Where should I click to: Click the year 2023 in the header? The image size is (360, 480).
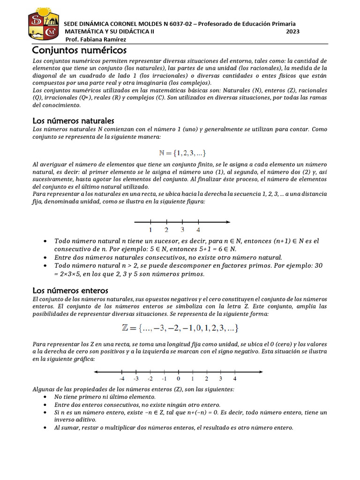tap(293, 31)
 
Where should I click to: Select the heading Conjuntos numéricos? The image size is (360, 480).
tap(79, 50)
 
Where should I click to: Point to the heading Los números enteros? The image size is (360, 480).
tap(70, 290)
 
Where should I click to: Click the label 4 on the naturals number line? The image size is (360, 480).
tap(198, 230)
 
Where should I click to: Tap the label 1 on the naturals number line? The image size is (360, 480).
tap(150, 230)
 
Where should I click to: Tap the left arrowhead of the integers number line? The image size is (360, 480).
tap(96, 372)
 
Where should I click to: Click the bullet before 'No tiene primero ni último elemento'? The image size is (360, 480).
tap(44, 397)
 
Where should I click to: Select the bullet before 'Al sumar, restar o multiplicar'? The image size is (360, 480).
tap(44, 427)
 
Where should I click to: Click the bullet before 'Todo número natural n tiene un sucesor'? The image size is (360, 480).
tap(44, 241)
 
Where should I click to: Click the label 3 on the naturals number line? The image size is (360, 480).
tap(182, 230)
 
